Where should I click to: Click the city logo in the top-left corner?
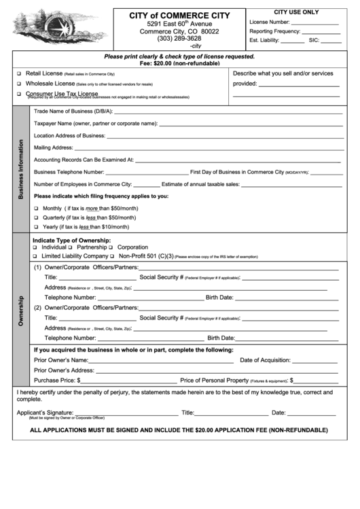click(x=58, y=28)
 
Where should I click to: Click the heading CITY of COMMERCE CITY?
click(x=179, y=15)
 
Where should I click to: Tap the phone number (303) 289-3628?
click(x=179, y=39)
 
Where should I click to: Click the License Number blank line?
click(x=314, y=22)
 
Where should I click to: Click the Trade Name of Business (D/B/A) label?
click(x=73, y=111)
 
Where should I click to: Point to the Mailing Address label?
click(x=53, y=147)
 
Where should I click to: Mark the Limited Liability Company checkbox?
click(x=37, y=257)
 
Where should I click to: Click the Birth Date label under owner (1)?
click(x=219, y=298)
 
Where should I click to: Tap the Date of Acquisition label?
click(x=266, y=360)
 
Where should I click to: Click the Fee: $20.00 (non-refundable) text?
click(x=179, y=63)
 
